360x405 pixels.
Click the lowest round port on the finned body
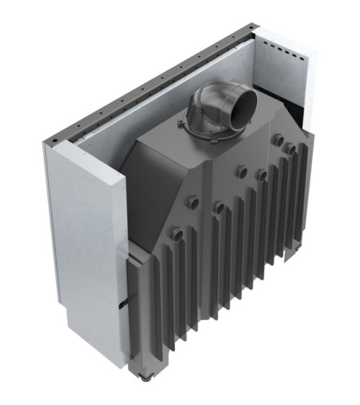point(174,234)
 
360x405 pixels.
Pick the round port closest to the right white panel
point(290,148)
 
